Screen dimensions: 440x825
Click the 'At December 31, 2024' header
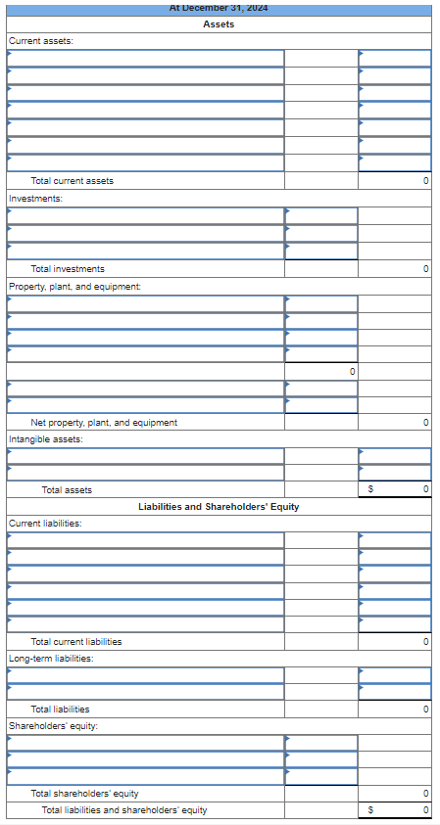click(x=219, y=8)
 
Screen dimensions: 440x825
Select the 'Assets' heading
click(x=219, y=23)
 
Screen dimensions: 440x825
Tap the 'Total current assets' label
click(x=73, y=181)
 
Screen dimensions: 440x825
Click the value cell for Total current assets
click(x=394, y=181)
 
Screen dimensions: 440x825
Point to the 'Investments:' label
click(x=35, y=199)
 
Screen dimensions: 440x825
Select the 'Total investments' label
click(x=68, y=269)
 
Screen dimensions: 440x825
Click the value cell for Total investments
click(x=394, y=269)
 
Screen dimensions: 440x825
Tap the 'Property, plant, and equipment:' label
click(x=74, y=286)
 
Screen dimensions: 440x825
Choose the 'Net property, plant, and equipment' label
click(x=104, y=423)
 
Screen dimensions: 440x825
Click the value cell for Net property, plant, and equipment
click(x=394, y=423)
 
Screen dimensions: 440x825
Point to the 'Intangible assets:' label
click(x=45, y=439)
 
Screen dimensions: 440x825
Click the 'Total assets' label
click(x=67, y=489)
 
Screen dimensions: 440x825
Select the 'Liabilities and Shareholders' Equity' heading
click(x=219, y=507)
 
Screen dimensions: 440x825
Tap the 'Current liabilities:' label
click(x=45, y=524)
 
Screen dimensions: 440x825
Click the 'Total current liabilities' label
click(x=76, y=642)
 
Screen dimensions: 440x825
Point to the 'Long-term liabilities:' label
click(x=51, y=659)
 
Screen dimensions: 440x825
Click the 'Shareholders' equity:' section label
click(x=48, y=726)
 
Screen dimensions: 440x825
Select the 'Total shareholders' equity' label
click(x=84, y=794)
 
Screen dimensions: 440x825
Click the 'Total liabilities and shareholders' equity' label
click(x=124, y=810)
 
